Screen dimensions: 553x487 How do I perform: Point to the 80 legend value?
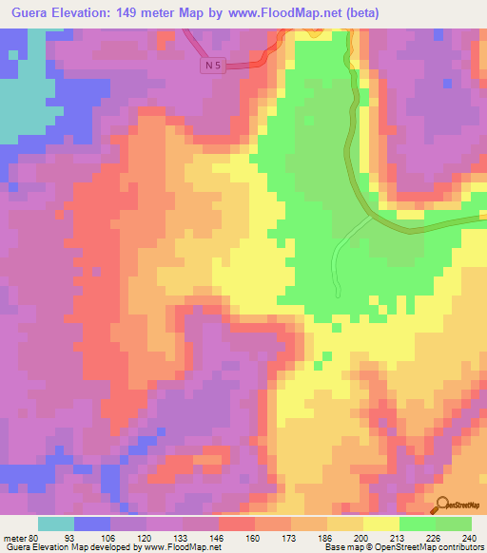click(36, 538)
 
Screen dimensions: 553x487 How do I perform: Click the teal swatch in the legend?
click(56, 524)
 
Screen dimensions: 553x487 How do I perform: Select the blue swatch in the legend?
click(92, 524)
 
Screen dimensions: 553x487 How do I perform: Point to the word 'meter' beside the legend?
click(13, 538)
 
